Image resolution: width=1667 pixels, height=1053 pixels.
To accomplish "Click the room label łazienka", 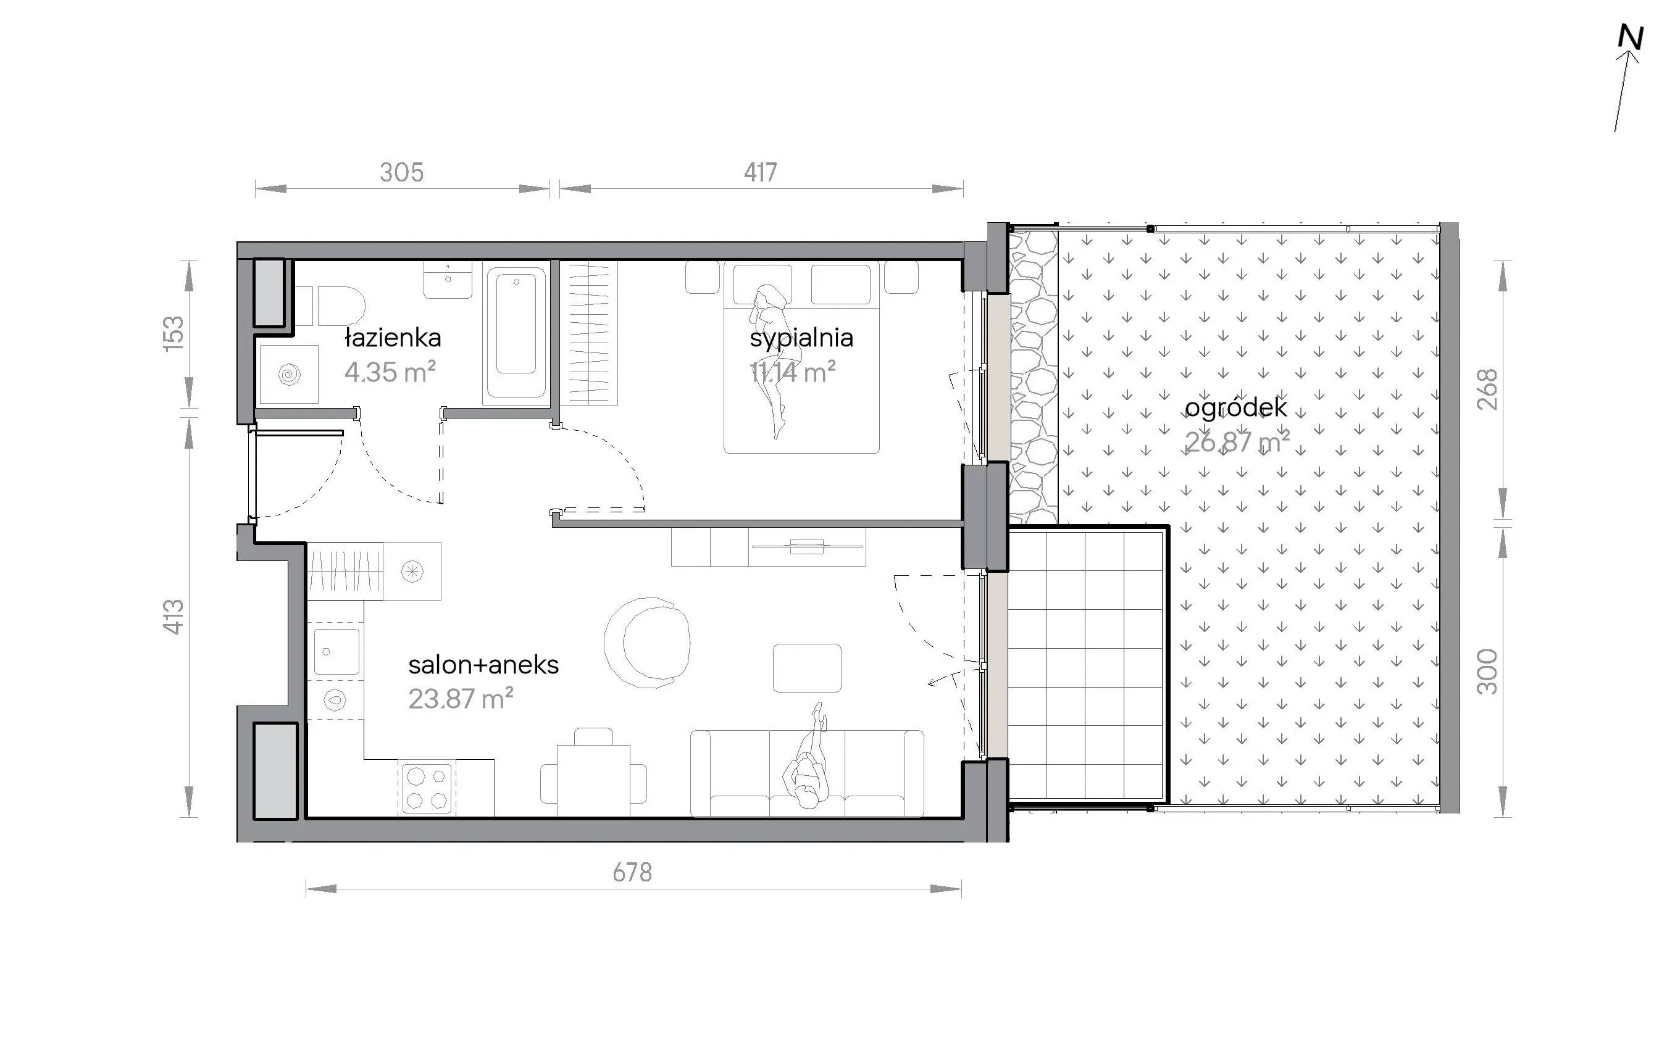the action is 393,338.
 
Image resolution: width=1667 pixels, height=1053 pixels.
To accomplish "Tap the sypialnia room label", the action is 801,338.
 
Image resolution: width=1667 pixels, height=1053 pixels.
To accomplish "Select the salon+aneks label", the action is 483,665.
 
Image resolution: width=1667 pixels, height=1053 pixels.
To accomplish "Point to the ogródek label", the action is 1235,408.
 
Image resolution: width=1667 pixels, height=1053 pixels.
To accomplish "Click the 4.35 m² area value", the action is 390,372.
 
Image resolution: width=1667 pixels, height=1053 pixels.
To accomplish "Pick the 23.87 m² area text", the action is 461,699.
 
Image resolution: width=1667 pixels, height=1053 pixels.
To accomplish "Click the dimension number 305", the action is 401,172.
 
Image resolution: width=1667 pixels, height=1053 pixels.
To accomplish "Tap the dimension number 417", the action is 760,172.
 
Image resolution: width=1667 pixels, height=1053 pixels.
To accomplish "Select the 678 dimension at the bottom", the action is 632,873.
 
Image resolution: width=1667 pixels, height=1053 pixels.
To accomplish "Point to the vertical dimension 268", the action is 1488,389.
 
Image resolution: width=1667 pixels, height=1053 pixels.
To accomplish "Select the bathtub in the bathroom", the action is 516,332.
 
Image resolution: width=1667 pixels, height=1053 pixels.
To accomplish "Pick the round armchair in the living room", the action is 646,643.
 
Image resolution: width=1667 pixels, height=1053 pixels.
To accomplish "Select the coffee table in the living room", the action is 807,668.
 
